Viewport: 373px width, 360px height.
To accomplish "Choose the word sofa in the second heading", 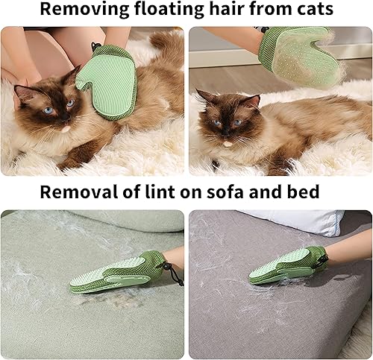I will [213, 192].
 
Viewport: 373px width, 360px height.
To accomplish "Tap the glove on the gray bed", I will [289, 266].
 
